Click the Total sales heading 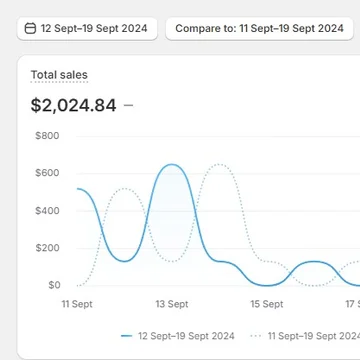tap(59, 75)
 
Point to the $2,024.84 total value tap(73, 103)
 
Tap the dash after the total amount tap(129, 103)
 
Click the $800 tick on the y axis tap(46, 135)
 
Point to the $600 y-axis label tap(46, 173)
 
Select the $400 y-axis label tap(46, 210)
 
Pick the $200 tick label tap(46, 248)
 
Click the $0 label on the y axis tap(54, 285)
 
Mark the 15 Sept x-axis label tap(266, 303)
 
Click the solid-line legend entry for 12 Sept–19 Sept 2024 tap(178, 336)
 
